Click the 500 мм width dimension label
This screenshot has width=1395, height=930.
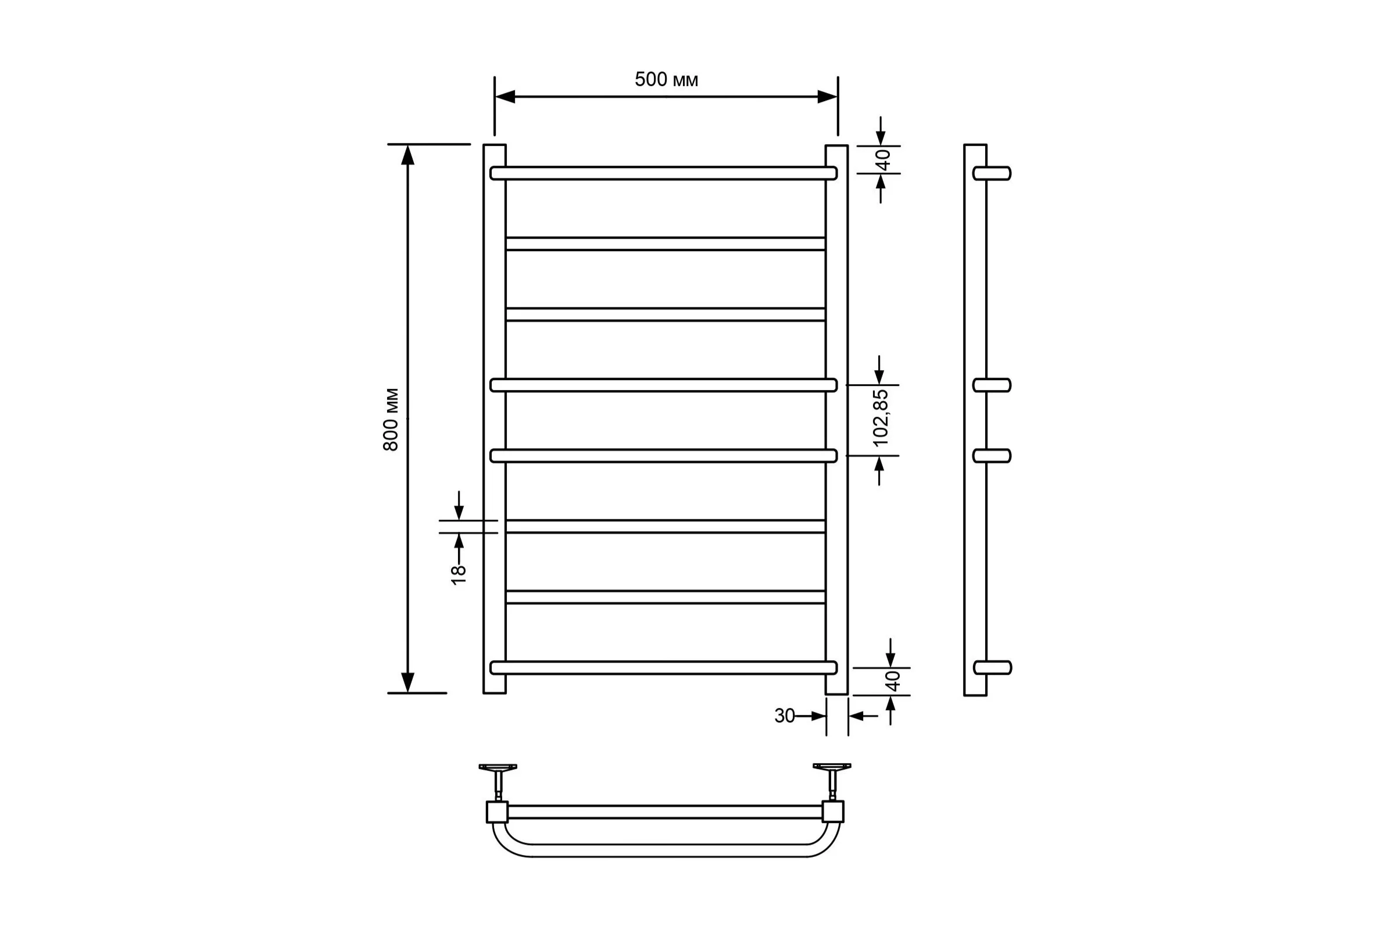click(x=666, y=80)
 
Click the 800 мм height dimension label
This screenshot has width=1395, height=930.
click(x=391, y=419)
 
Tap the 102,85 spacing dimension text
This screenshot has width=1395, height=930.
click(x=881, y=417)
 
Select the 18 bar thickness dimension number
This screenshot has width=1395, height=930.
click(x=459, y=575)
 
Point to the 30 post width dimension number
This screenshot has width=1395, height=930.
click(x=784, y=716)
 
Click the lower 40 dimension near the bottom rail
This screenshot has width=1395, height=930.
click(x=893, y=681)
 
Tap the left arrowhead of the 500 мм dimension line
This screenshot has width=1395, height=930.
click(x=505, y=96)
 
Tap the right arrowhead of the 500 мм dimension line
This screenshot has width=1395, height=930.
click(x=827, y=96)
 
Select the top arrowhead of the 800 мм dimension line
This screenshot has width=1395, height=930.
click(x=407, y=155)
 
